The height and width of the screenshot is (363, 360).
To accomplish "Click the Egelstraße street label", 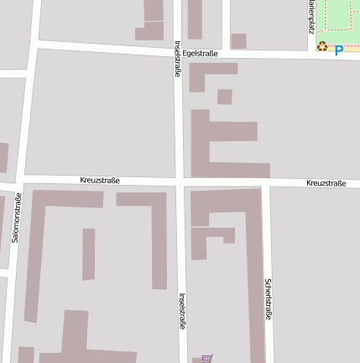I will (201, 53).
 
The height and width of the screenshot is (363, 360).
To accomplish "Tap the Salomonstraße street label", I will (16, 218).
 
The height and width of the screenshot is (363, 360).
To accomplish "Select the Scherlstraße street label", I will (268, 299).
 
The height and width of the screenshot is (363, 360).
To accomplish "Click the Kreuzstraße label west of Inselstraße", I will (100, 180).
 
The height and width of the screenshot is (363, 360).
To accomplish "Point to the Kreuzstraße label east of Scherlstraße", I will (326, 183).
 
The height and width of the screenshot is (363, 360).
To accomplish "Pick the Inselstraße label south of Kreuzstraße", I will (182, 310).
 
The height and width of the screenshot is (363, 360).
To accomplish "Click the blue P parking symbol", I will (339, 50).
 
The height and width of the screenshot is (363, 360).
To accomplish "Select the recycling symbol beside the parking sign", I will (322, 47).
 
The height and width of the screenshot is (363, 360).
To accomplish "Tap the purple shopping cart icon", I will (206, 358).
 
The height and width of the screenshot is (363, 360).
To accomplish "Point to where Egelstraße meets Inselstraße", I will (178, 53).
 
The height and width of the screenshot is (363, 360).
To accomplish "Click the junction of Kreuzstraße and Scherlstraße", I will (266, 182).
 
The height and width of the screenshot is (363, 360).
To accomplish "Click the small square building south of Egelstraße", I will (224, 97).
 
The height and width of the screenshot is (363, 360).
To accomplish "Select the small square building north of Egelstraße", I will (238, 40).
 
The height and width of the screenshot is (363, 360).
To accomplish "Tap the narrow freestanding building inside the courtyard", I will (88, 254).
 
